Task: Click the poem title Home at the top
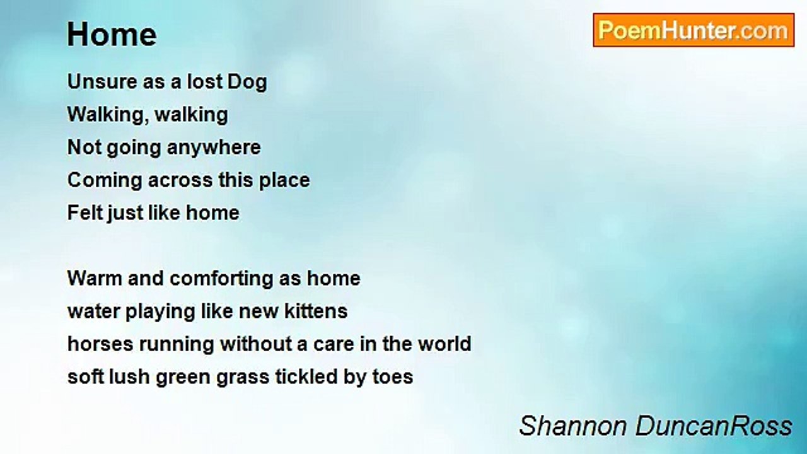tap(112, 35)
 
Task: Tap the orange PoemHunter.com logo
tap(694, 30)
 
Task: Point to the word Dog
tap(247, 83)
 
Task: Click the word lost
tap(205, 82)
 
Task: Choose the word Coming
tap(105, 181)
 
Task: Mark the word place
tap(284, 181)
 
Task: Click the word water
tap(94, 312)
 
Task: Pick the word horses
tap(100, 344)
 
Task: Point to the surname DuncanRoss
tap(714, 426)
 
